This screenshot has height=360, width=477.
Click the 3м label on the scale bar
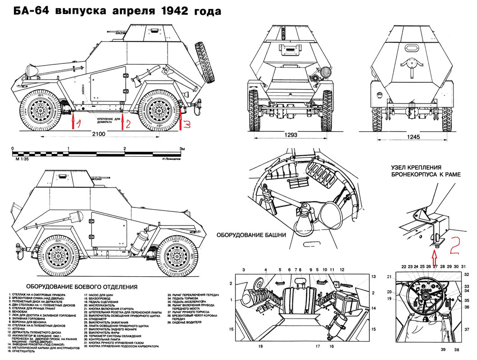(x=182, y=148)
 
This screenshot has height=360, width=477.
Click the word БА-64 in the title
(x=28, y=11)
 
